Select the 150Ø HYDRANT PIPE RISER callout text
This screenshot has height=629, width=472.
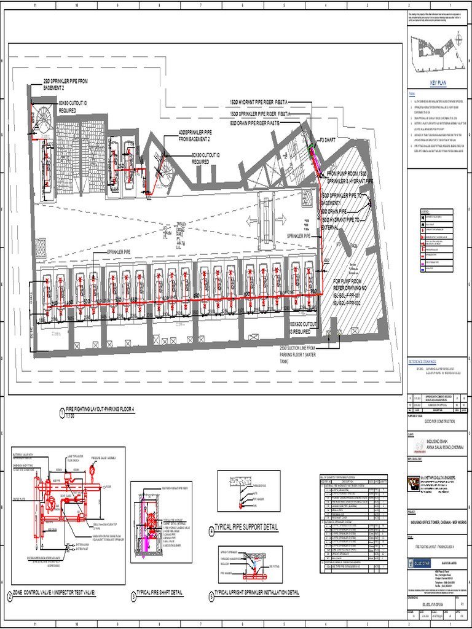pyautogui.click(x=262, y=102)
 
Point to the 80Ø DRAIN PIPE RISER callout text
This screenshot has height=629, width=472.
pyautogui.click(x=263, y=123)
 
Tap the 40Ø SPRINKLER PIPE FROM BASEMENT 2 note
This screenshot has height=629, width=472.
pyautogui.click(x=195, y=136)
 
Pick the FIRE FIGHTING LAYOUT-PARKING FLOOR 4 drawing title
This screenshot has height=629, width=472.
pyautogui.click(x=100, y=409)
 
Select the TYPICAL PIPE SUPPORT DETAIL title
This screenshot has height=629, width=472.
pyautogui.click(x=245, y=527)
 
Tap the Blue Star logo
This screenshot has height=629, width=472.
pyautogui.click(x=420, y=560)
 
